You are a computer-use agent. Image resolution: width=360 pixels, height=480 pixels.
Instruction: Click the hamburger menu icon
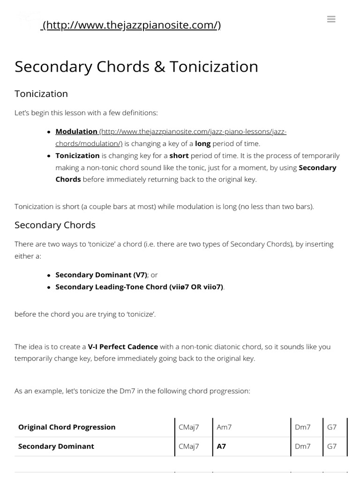coord(331,19)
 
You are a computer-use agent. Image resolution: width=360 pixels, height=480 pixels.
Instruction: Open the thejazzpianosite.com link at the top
coord(131,25)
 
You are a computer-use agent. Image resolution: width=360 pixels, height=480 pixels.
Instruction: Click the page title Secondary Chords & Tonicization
coord(136,67)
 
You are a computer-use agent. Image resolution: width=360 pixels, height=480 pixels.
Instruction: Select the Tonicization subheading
coord(41,94)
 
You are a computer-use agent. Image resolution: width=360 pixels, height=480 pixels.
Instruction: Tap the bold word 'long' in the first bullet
coord(202,143)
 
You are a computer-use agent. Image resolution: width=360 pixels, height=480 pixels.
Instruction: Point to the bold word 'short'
coord(179,156)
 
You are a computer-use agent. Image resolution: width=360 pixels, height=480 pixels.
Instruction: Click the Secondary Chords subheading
coord(55,225)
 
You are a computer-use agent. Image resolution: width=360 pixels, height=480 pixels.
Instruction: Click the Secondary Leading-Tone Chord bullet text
coord(139,287)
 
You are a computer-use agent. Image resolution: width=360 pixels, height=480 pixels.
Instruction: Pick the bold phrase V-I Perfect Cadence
coord(123,347)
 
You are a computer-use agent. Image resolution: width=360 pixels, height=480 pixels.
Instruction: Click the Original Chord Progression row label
coord(67,427)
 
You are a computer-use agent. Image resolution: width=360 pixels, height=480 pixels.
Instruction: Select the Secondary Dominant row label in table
coord(56,446)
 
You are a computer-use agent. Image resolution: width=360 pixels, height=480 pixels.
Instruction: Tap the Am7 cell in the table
coord(224,427)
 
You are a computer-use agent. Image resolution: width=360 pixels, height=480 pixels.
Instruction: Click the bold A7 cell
coord(221,446)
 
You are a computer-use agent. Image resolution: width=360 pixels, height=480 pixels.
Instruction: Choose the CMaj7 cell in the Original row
coord(189,427)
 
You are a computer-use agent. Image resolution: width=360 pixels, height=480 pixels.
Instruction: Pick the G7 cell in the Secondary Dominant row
coord(331,446)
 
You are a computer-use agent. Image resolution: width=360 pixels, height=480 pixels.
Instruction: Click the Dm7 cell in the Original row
coord(302,427)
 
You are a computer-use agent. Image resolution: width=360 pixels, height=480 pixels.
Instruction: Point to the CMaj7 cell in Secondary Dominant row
coord(189,446)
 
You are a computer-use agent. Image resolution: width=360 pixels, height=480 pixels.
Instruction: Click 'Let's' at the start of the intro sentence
coord(21,113)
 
